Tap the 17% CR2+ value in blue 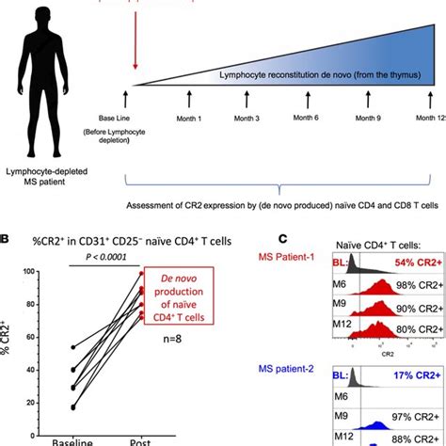[x=413, y=374]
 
